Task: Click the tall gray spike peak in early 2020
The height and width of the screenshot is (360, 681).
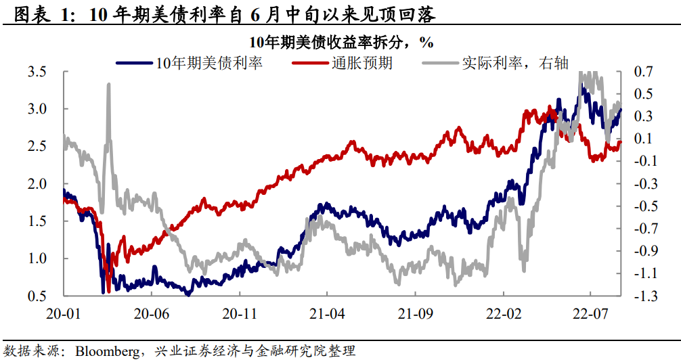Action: (x=108, y=85)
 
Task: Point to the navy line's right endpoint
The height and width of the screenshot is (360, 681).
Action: (x=620, y=109)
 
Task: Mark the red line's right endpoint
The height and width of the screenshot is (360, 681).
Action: (x=620, y=142)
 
